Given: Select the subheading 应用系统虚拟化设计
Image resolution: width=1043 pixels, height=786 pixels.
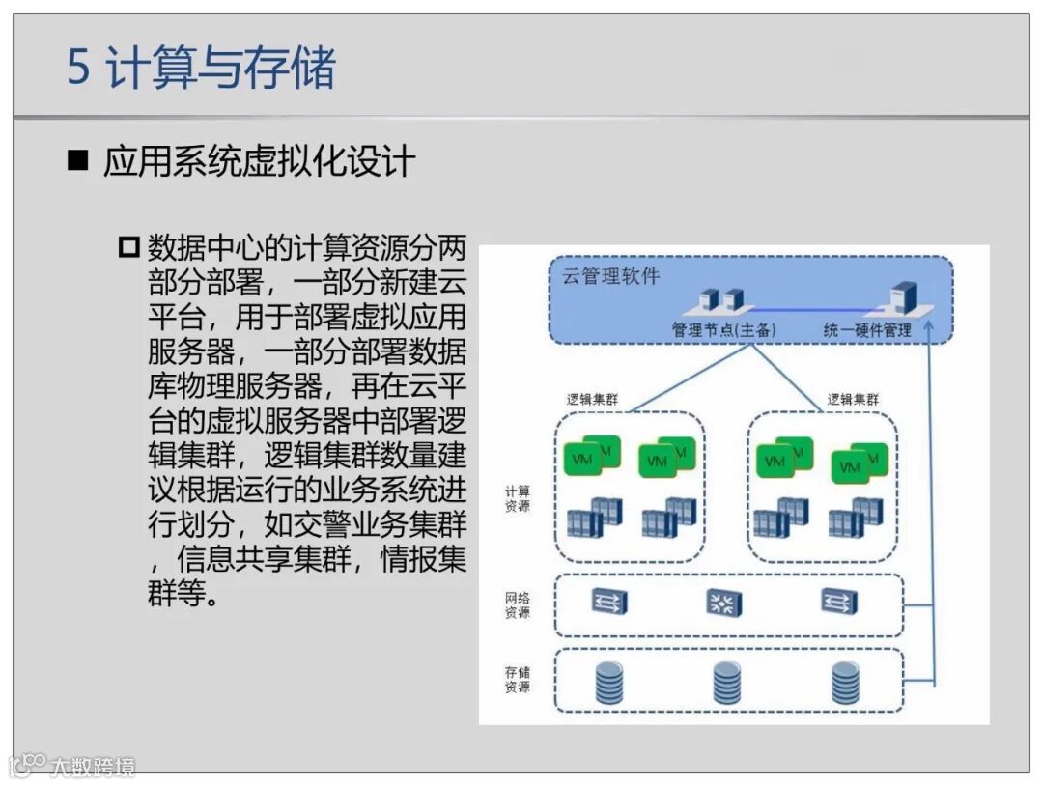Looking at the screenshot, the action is click(x=259, y=161).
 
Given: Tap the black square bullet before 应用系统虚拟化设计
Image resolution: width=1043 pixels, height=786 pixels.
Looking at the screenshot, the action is click(x=77, y=160).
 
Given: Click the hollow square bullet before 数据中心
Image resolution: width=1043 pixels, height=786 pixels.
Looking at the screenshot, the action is click(x=129, y=247).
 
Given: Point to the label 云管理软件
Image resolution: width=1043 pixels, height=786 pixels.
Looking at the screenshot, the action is click(x=611, y=276).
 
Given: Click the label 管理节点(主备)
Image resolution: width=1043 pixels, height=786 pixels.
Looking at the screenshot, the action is click(x=724, y=330).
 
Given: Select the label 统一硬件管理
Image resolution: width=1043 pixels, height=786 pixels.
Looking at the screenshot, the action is click(x=867, y=330).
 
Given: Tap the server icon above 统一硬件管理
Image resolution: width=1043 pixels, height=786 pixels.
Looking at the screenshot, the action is click(x=904, y=295).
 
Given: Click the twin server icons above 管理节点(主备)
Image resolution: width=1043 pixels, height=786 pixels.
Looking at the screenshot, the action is click(x=723, y=299).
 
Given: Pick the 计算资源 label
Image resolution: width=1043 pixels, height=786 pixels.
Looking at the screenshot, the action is click(x=517, y=498).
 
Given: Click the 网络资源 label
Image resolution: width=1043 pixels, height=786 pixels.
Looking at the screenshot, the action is click(x=517, y=605).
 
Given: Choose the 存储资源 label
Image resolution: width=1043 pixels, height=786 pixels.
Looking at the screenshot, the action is click(x=517, y=679).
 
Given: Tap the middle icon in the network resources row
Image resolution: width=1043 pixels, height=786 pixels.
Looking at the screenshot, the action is click(x=722, y=604).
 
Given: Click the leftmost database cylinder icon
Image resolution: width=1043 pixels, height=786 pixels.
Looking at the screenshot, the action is click(x=608, y=684).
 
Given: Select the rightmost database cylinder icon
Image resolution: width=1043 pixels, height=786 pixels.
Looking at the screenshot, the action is click(x=845, y=684).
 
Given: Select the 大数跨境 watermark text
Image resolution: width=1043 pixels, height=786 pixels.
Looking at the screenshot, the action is click(x=93, y=767).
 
